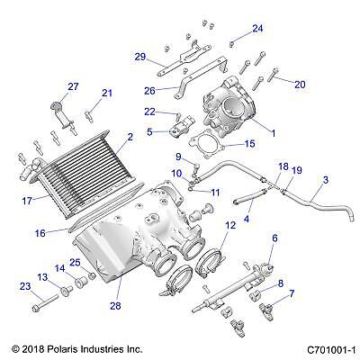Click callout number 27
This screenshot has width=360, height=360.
[x=75, y=85]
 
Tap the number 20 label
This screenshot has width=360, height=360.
[x=300, y=84]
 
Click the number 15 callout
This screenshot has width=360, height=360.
[x=249, y=143]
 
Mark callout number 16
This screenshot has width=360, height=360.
[x=39, y=232]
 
